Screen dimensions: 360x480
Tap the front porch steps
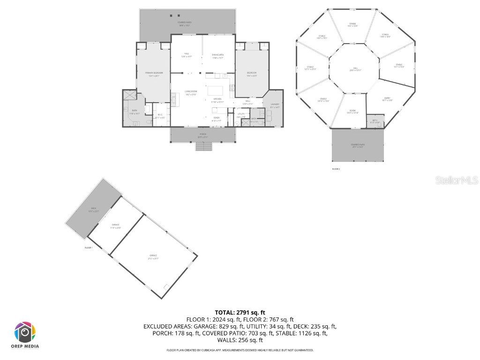pyautogui.click(x=203, y=146)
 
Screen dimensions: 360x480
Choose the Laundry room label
pyautogui.click(x=275, y=105)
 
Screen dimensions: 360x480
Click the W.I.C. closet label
pyautogui.click(x=160, y=116)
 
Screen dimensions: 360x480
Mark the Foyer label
pyautogui.click(x=217, y=119)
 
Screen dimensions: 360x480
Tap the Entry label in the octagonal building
pyautogui.click(x=387, y=99)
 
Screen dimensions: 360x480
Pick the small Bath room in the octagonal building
pyautogui.click(x=375, y=121)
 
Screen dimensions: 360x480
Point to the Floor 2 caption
pyautogui.click(x=336, y=169)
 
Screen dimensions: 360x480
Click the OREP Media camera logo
pyautogui.click(x=25, y=332)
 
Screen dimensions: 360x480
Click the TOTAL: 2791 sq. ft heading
pyautogui.click(x=240, y=312)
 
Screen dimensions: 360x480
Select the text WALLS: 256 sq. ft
pyautogui.click(x=240, y=340)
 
